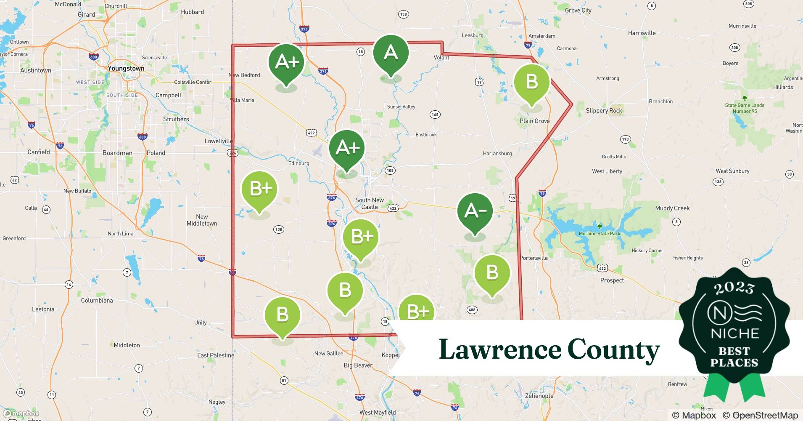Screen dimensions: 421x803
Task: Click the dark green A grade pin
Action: point(391,53)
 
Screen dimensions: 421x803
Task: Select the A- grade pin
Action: point(475,211)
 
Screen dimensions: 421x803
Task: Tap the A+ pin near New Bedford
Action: point(286,63)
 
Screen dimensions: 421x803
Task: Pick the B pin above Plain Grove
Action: point(531,82)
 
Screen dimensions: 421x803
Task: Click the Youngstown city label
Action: point(126,68)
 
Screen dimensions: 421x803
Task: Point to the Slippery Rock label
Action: point(604,111)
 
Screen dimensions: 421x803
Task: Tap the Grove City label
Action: point(578,11)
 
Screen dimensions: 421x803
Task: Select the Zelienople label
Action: point(539,396)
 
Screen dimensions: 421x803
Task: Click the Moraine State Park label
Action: point(599,233)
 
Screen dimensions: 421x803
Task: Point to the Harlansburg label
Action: point(497,153)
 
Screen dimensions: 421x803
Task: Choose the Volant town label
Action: point(441,58)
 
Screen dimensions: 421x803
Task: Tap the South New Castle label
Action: point(369,203)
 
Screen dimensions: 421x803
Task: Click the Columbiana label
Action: point(97,301)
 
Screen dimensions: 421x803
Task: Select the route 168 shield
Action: point(435,115)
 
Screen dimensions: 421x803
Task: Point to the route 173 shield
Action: point(625,139)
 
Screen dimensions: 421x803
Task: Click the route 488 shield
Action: point(472,310)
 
